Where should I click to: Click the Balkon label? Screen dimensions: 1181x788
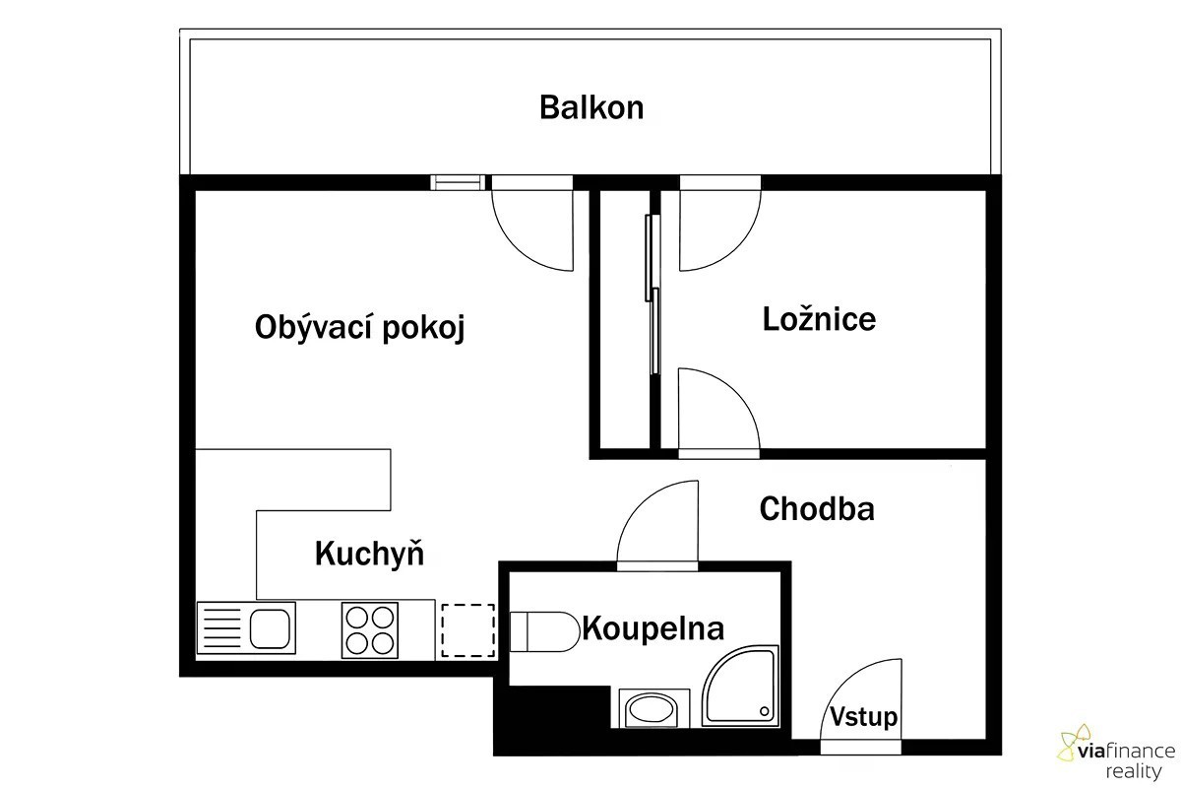pos(591,107)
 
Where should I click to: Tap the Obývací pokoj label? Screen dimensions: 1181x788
pos(359,328)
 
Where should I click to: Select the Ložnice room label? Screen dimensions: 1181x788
pos(819,319)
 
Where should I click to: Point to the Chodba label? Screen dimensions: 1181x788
pos(817,509)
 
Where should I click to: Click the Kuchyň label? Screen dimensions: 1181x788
pos(369,554)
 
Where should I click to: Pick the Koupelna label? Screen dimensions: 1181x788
pos(653,628)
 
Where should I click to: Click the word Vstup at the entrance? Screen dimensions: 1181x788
pos(864,717)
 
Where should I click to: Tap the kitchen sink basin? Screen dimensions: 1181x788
pos(270,628)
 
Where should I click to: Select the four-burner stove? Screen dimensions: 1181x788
pos(370,630)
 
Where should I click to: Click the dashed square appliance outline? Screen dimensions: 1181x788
pos(468,630)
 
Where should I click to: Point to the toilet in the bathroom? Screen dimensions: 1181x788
pos(544,631)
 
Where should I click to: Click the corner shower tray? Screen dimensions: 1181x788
pos(740,686)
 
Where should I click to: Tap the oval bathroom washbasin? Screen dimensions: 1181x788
pos(651,710)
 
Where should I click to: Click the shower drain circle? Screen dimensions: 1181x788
pos(765,711)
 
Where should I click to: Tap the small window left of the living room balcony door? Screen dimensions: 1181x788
pos(458,182)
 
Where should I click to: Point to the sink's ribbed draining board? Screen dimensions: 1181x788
pos(222,628)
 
